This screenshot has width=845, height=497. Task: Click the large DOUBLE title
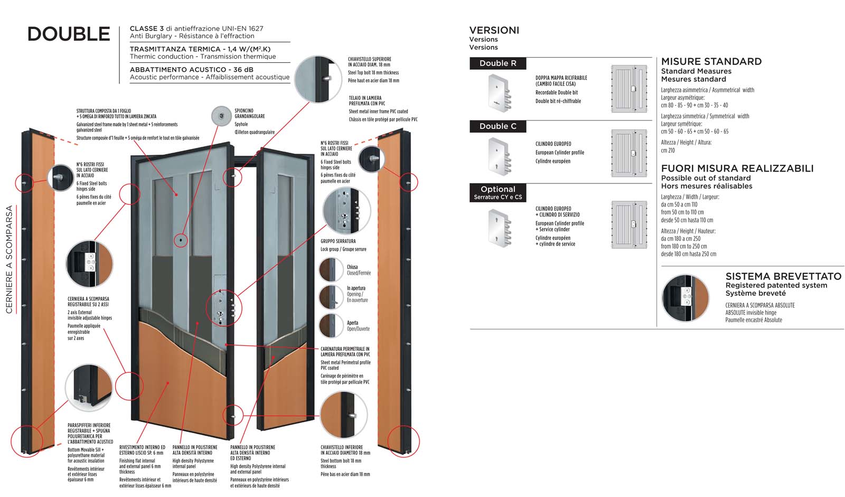point(69,34)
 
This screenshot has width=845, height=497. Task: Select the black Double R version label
point(497,63)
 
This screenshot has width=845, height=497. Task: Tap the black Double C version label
point(497,126)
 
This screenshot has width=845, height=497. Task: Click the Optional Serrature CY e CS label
point(497,192)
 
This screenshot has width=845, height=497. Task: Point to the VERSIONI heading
point(494,31)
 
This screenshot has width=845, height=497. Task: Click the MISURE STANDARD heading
point(711,62)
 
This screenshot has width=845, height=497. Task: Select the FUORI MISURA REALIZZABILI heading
point(737,168)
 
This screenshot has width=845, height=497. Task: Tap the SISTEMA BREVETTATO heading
point(783,276)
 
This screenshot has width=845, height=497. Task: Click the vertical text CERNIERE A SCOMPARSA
point(9,259)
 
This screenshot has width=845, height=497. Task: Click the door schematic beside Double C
point(629,153)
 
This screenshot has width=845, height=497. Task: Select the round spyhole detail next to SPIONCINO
point(221,116)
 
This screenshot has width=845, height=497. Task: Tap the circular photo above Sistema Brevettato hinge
point(685,298)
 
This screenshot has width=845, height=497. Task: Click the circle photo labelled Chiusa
point(331,270)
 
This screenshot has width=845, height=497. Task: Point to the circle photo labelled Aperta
point(331,326)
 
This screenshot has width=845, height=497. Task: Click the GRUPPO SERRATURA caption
point(338,241)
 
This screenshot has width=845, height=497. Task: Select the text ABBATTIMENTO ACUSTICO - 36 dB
point(191,70)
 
